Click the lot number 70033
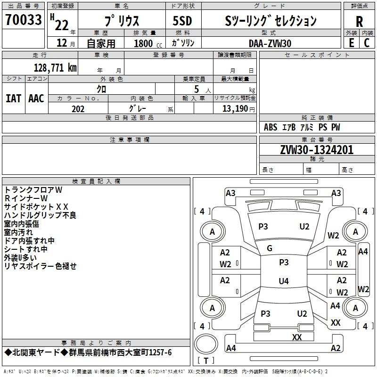point(23,20)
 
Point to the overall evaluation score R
point(359,21)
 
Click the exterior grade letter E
point(351,43)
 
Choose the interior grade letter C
point(367,43)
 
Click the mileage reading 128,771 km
point(55,68)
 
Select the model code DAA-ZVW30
point(270,43)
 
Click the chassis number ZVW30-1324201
point(317,150)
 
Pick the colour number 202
point(78,109)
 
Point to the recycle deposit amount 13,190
point(235,109)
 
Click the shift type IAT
point(13,98)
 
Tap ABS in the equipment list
point(270,127)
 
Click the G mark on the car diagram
point(270,248)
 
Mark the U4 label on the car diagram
point(283,281)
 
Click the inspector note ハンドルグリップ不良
point(40,215)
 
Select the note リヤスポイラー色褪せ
point(40,266)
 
